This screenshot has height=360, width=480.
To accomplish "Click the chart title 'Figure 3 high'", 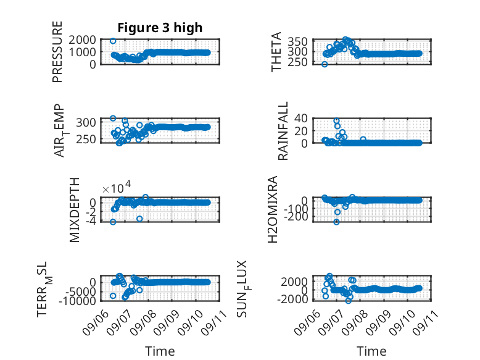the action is pyautogui.click(x=160, y=28).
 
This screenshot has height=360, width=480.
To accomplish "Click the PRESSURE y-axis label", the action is pyautogui.click(x=57, y=52).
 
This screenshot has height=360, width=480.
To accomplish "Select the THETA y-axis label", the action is pyautogui.click(x=276, y=52).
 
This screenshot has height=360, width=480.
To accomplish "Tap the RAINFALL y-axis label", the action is pyautogui.click(x=283, y=131).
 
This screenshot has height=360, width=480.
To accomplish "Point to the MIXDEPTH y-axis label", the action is pyautogui.click(x=75, y=210).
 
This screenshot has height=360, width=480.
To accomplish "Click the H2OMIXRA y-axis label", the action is pyautogui.click(x=273, y=209).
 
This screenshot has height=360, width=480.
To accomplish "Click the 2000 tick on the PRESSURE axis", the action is pyautogui.click(x=82, y=40).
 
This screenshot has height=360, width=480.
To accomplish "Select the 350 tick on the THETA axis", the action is pyautogui.click(x=297, y=41).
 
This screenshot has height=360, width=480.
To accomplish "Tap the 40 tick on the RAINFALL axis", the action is pyautogui.click(x=301, y=119).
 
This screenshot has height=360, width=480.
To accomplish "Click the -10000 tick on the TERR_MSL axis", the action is pyautogui.click(x=77, y=301).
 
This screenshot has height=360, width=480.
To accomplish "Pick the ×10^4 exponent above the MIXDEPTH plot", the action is pyautogui.click(x=117, y=187).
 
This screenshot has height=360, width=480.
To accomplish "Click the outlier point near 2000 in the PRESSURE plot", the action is pyautogui.click(x=113, y=41).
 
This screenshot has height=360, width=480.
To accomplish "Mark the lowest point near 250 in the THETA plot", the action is pyautogui.click(x=325, y=64).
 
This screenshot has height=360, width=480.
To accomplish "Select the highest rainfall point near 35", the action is pyautogui.click(x=336, y=120).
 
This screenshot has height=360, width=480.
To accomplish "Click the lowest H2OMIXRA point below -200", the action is pyautogui.click(x=336, y=222).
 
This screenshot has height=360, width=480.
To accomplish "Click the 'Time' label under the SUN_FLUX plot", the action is pyautogui.click(x=371, y=351).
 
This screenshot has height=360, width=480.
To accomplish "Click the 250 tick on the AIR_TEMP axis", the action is pyautogui.click(x=86, y=140).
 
